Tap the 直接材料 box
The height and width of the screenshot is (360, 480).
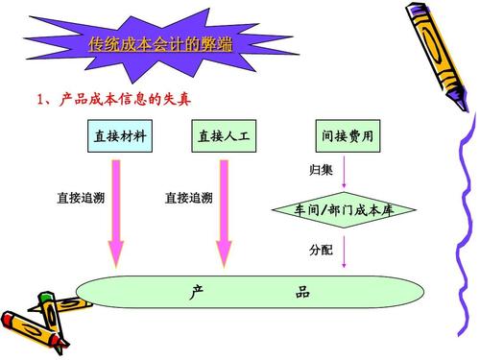coord(119,136)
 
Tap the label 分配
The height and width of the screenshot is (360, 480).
coord(321,250)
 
